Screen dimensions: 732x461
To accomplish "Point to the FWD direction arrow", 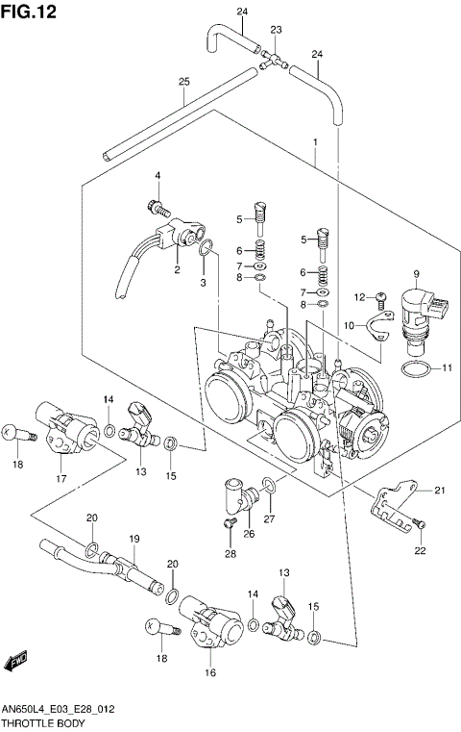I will (15, 663).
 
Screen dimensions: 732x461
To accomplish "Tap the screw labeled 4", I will (155, 204).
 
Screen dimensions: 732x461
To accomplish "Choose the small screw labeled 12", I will (380, 297).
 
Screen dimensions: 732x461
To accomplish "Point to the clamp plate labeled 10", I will (376, 330).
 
